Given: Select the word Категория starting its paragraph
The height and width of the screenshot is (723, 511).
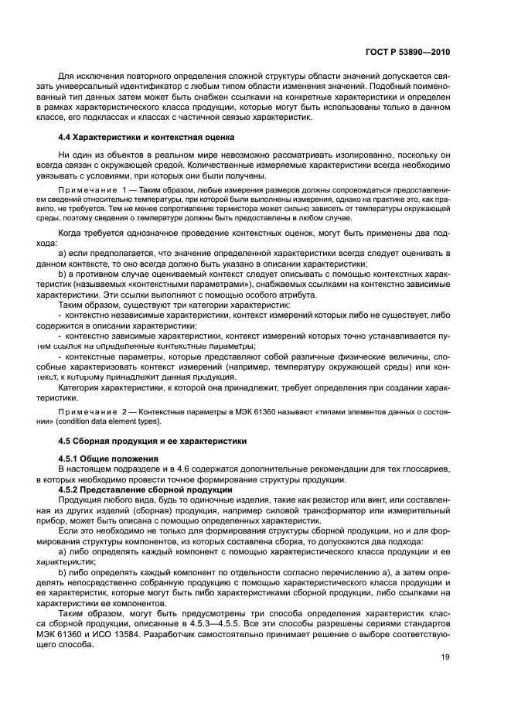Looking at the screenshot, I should click(x=80, y=387).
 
